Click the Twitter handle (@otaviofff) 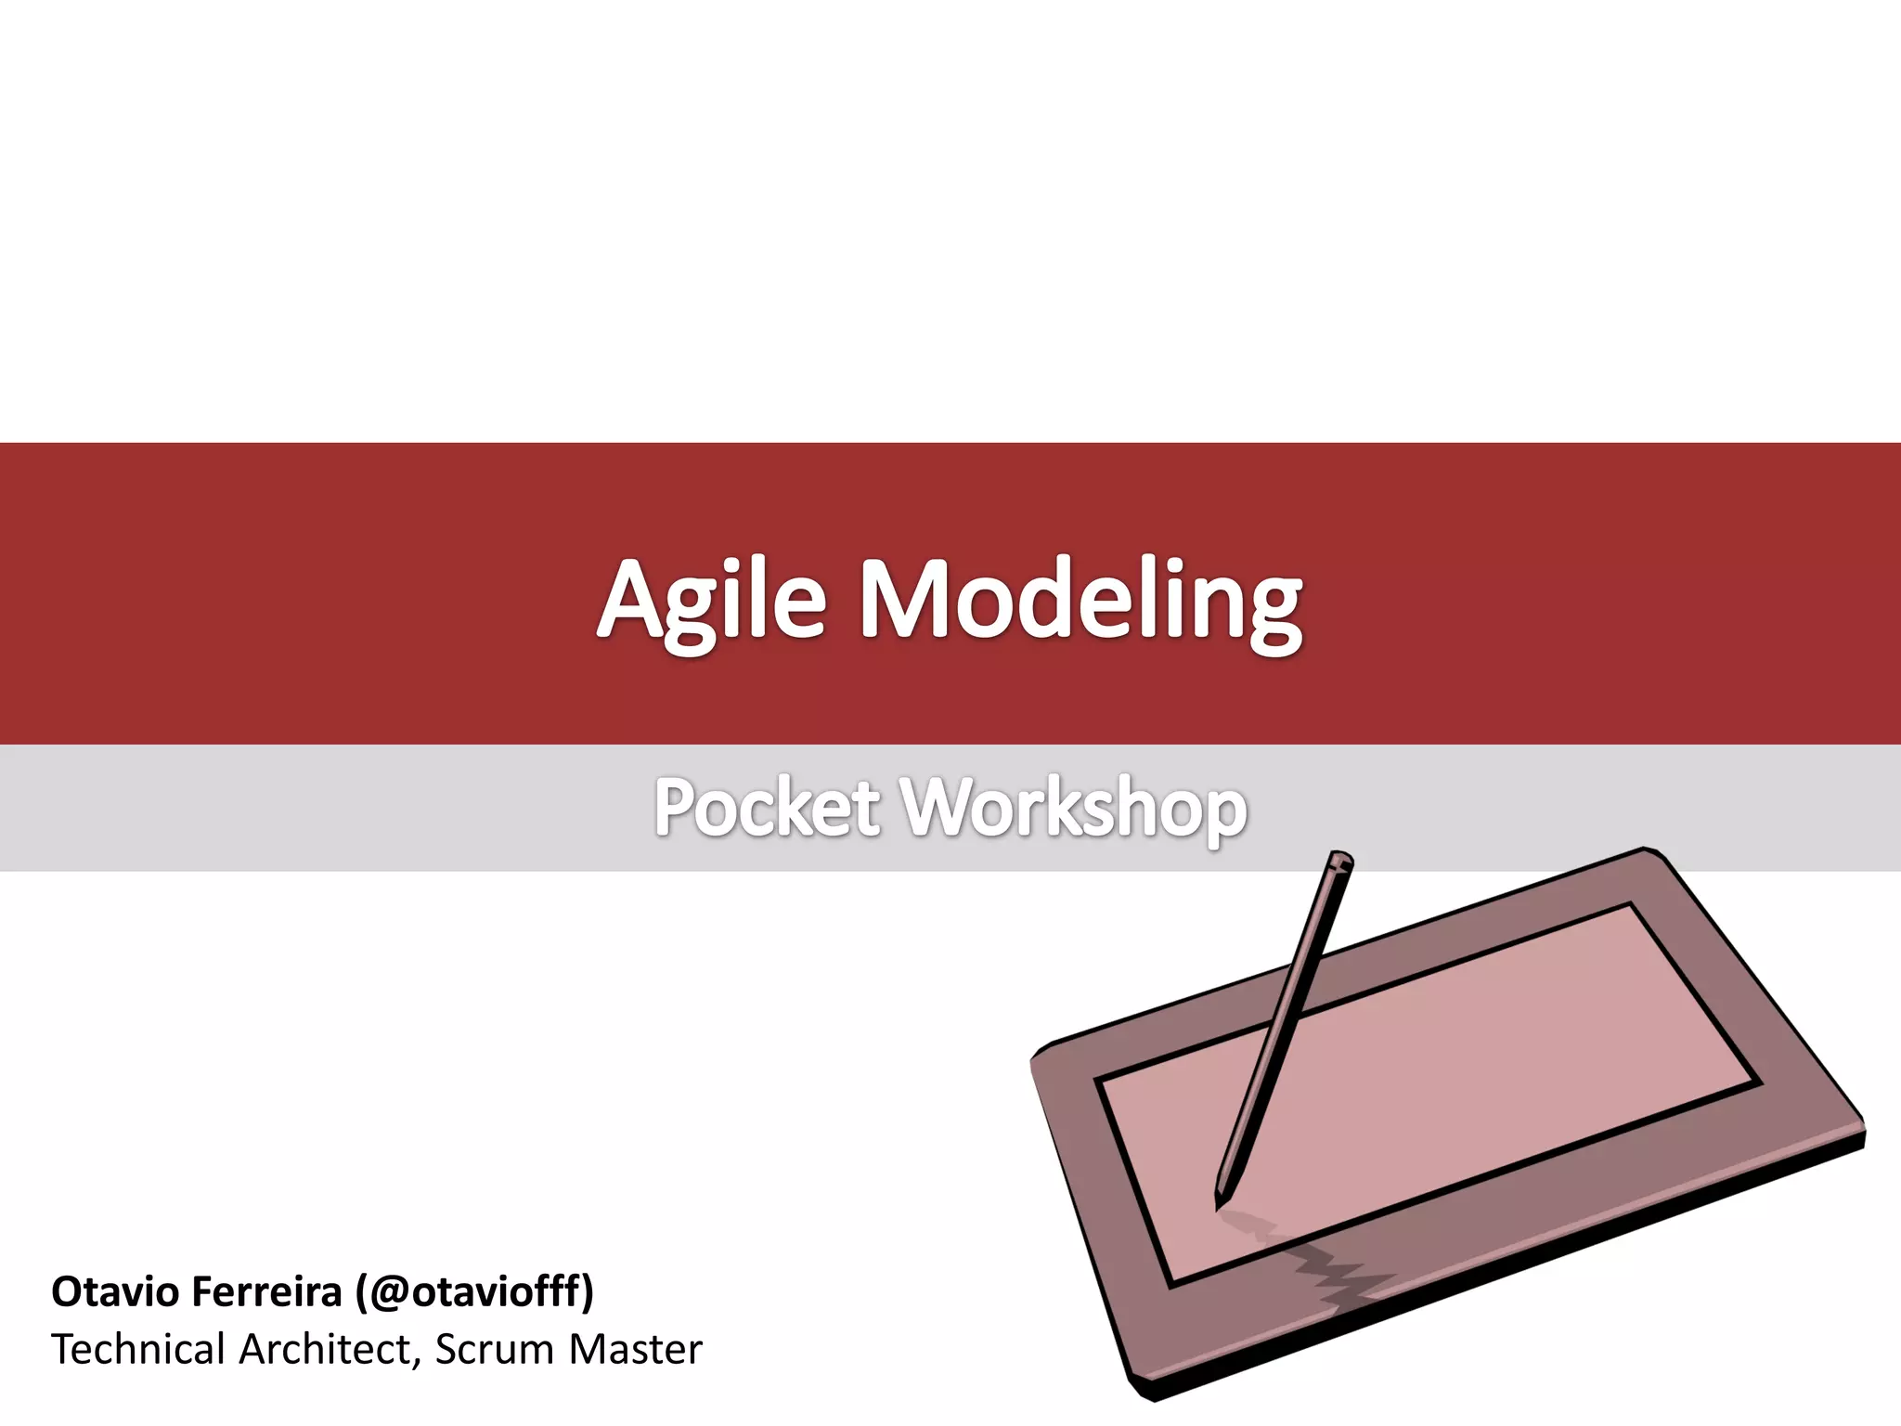[474, 1291]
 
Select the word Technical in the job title [138, 1349]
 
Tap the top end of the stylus [1339, 860]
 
